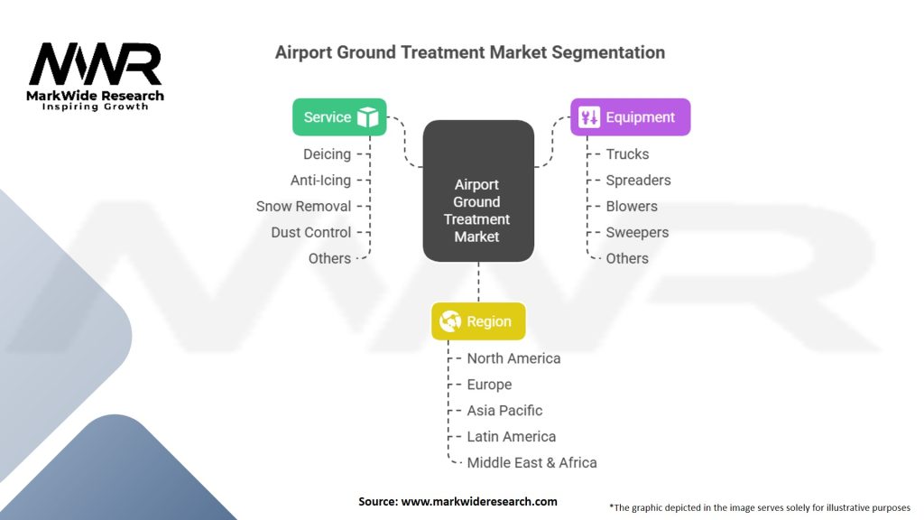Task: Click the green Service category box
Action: (x=339, y=117)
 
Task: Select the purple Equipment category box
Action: (x=631, y=117)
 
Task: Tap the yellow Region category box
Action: (x=478, y=321)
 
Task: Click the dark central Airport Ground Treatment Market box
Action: (x=478, y=191)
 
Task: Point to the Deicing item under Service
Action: (x=327, y=154)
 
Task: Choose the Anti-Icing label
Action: (x=320, y=181)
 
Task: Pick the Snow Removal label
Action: (x=303, y=207)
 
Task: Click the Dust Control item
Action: (x=311, y=232)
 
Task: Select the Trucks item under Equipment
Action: (x=628, y=154)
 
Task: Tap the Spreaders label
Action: (x=638, y=181)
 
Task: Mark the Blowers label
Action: (x=632, y=207)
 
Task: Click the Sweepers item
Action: (x=637, y=232)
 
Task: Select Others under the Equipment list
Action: (x=627, y=258)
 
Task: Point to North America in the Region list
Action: (x=513, y=358)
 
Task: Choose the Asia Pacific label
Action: (x=504, y=411)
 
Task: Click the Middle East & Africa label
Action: (x=531, y=463)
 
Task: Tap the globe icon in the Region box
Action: (x=450, y=321)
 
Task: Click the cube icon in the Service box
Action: (x=368, y=117)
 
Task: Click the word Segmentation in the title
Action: (x=608, y=52)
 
